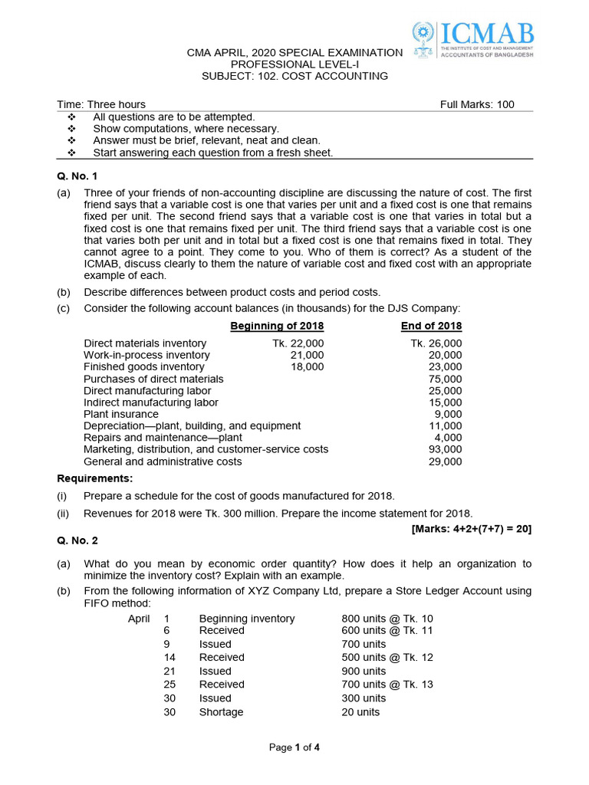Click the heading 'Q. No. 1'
(77, 176)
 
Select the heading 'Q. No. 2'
(77, 540)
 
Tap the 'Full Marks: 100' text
(477, 104)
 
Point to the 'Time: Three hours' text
(101, 104)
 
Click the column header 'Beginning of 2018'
(277, 326)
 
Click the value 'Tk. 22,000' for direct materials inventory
(298, 343)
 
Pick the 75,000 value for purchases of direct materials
(445, 379)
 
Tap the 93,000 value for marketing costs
(445, 449)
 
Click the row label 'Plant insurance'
(121, 414)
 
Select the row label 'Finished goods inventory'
(144, 367)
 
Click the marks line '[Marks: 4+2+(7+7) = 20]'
(471, 528)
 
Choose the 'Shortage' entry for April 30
(221, 712)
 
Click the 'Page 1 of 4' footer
(294, 748)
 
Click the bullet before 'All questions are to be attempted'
(72, 117)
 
